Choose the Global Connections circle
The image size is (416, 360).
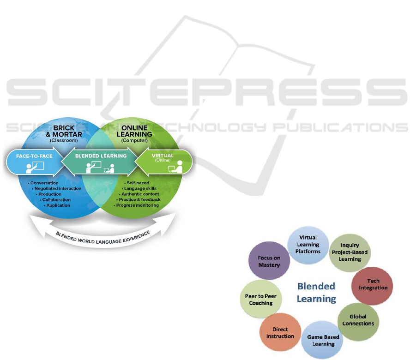click(x=358, y=320)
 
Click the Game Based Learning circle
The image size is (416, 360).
click(x=323, y=340)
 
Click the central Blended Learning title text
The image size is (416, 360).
click(x=316, y=292)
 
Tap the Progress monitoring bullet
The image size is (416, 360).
click(x=137, y=205)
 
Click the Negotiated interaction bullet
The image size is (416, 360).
click(x=58, y=188)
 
